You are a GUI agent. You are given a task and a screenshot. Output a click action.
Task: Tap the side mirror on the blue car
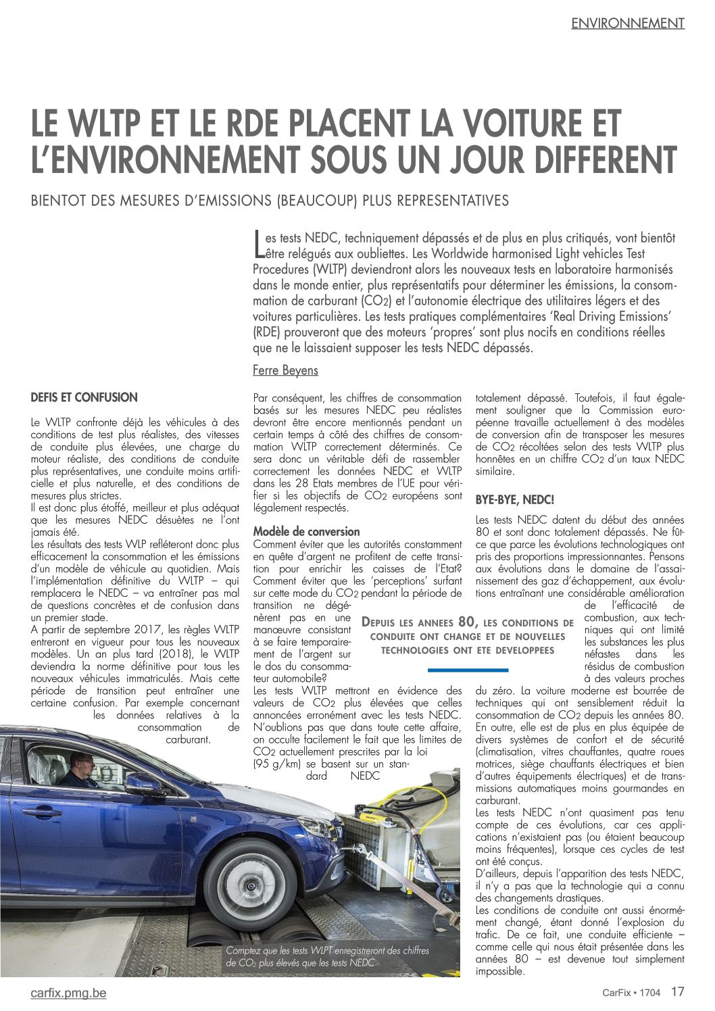[x=144, y=784]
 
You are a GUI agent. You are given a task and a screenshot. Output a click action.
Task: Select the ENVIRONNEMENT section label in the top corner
[x=628, y=23]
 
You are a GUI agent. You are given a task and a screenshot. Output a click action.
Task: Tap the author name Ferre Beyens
[x=285, y=370]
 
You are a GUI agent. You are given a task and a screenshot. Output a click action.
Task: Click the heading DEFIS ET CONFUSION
[x=84, y=397]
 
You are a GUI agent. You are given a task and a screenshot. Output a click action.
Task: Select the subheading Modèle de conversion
[x=306, y=531]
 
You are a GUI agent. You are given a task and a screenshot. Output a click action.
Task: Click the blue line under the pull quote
[x=468, y=670]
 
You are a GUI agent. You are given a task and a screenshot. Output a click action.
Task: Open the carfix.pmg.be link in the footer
[x=68, y=993]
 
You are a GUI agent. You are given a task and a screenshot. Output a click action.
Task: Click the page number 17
[x=678, y=991]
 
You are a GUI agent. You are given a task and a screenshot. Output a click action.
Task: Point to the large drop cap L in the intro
[x=258, y=244]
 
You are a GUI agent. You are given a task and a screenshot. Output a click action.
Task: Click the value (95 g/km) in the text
[x=276, y=764]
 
